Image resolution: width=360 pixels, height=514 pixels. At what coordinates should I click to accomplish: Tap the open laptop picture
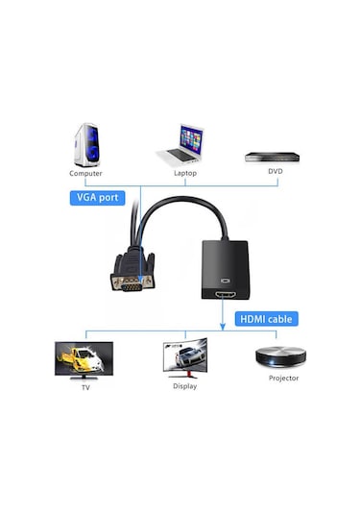(180, 144)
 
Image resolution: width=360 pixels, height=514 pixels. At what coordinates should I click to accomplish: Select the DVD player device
(274, 154)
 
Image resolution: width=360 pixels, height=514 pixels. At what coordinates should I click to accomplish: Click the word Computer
(85, 173)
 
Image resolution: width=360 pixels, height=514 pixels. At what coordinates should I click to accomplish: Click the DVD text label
(276, 172)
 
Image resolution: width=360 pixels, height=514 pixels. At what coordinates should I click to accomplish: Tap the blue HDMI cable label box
(268, 318)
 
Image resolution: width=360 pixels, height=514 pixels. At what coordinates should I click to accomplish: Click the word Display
(184, 386)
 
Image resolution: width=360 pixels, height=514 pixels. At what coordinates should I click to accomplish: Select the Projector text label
(283, 379)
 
